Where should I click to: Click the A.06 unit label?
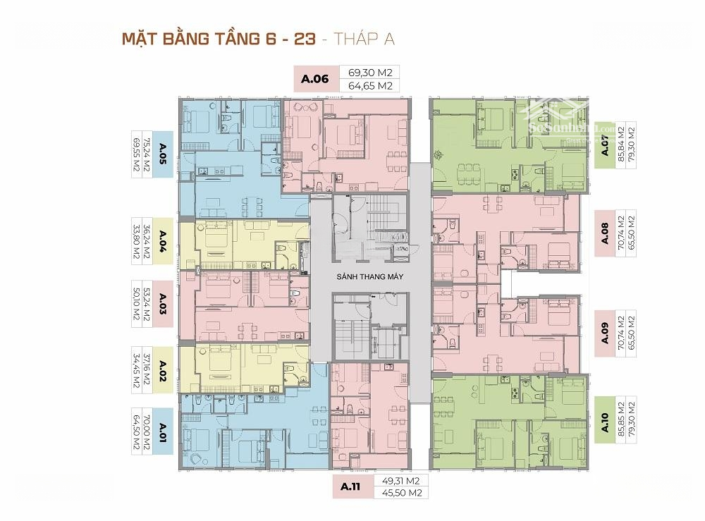[315, 79]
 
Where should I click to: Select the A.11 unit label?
[352, 486]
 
